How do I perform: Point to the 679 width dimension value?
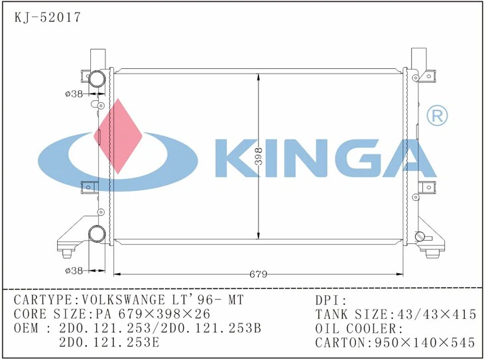coord(258,273)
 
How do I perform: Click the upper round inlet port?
coord(97,79)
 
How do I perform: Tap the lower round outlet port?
coord(97,234)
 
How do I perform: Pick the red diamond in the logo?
coord(119,133)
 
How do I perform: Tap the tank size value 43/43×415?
coord(434,314)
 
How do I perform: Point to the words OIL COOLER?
coord(359,328)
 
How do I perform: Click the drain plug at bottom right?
coord(419,237)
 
